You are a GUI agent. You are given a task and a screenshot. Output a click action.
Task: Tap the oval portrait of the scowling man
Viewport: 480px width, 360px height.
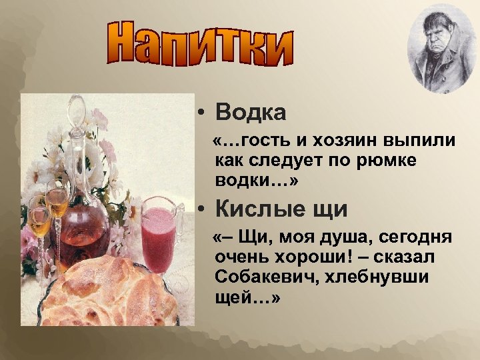pos(441,52)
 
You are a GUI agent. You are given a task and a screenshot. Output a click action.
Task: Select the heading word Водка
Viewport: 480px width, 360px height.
pos(251,112)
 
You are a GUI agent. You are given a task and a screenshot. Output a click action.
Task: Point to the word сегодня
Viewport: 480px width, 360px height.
pos(414,239)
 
